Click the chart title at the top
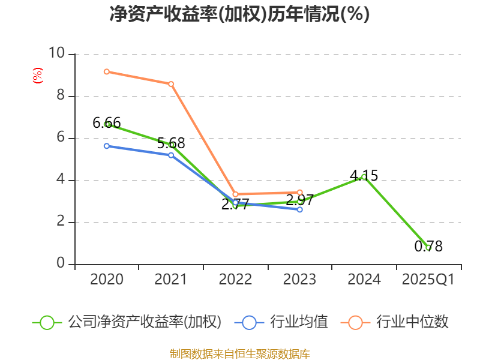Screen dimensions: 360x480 coord(239,14)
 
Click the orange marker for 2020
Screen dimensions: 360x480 coord(106,71)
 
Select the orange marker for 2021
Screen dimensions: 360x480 coord(171,84)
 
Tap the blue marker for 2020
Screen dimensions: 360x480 coord(106,146)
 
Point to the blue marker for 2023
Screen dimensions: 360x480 coord(300,209)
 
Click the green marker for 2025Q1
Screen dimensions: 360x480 coord(428,248)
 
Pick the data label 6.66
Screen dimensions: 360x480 coord(107,123)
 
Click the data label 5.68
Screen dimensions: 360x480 coord(171,143)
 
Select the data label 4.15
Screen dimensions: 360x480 coord(364,175)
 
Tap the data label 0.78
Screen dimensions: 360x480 coord(428,246)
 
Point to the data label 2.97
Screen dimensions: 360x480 coord(300,200)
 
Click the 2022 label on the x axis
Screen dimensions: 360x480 coord(235,280)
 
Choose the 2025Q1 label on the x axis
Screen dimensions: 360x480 coord(428,280)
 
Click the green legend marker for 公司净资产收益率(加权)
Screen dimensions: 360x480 coord(47,322)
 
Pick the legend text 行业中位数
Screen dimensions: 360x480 coord(412,322)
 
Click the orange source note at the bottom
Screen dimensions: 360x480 coord(239,353)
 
